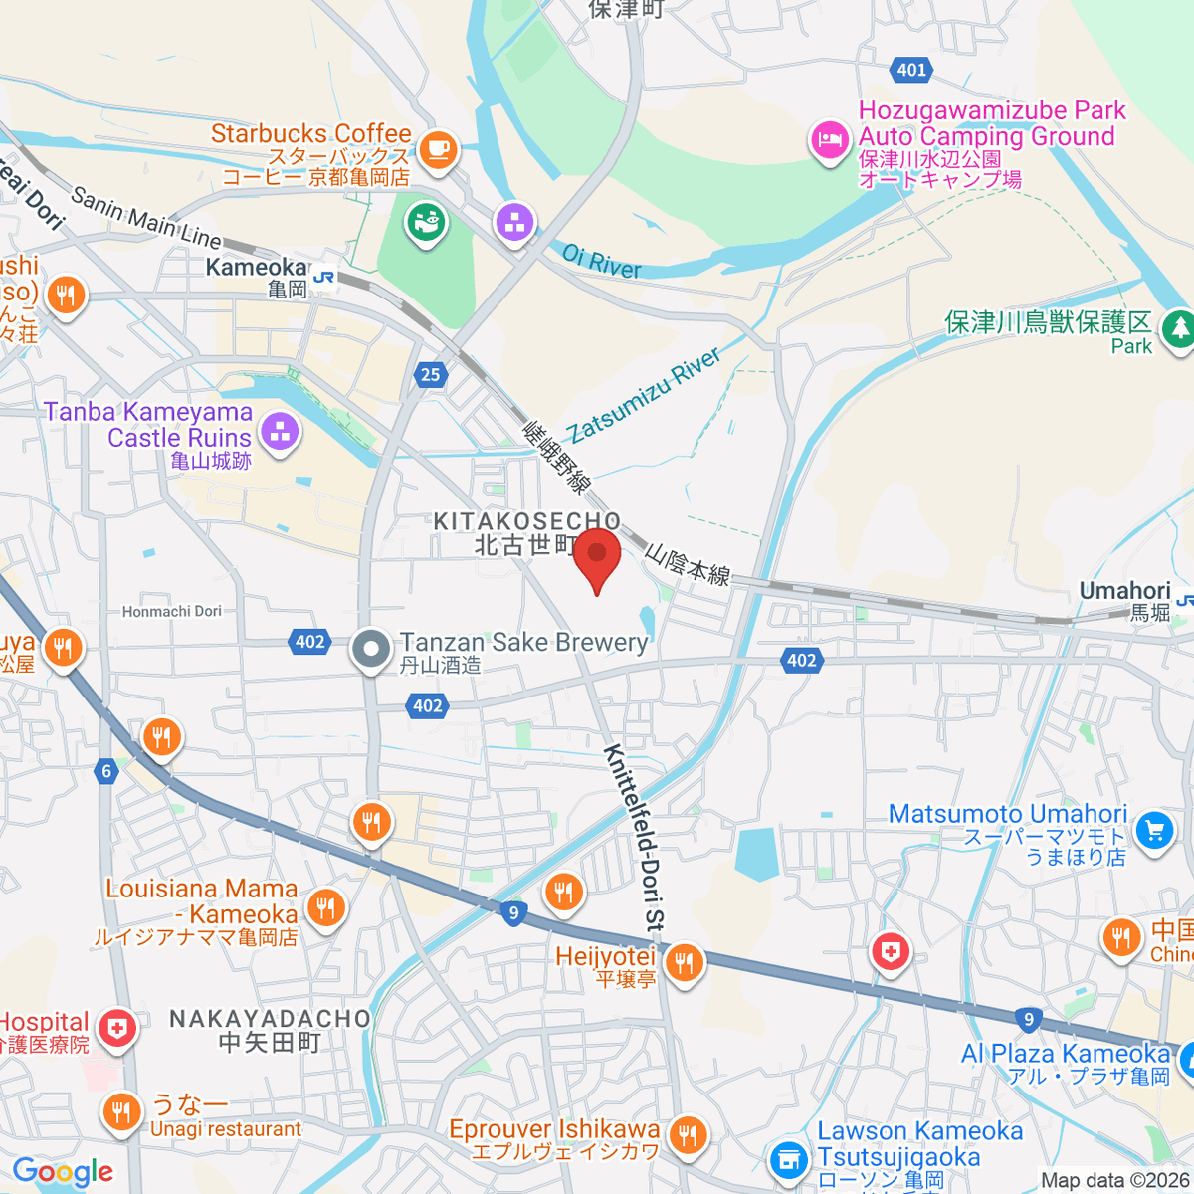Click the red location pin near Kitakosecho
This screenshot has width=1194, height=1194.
coord(597,557)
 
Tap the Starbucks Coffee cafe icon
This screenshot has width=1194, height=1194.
coord(437,149)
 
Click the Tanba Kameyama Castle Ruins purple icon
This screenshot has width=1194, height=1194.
coord(280,433)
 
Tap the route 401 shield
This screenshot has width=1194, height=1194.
coord(911,70)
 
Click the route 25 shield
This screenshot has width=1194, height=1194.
coord(430,374)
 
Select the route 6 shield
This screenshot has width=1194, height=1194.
coord(106,771)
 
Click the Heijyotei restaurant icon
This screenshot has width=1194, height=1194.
coord(684,963)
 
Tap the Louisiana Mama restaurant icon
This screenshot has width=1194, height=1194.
coord(325,906)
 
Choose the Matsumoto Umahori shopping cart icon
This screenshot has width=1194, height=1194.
coord(1154,829)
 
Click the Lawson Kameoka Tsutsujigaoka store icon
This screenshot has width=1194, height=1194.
coord(789,1159)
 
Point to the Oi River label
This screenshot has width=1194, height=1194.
coord(602,262)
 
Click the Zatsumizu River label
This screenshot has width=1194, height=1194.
coord(645,395)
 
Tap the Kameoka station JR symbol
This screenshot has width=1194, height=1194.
coord(323,278)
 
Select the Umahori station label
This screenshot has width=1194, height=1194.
coord(1124,592)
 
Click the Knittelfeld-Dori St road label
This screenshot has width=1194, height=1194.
coord(632,838)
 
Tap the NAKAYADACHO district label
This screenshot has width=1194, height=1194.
coord(270,1019)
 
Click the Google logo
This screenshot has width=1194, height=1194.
coord(63,1171)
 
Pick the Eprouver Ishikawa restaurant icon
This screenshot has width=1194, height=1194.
coord(687,1133)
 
